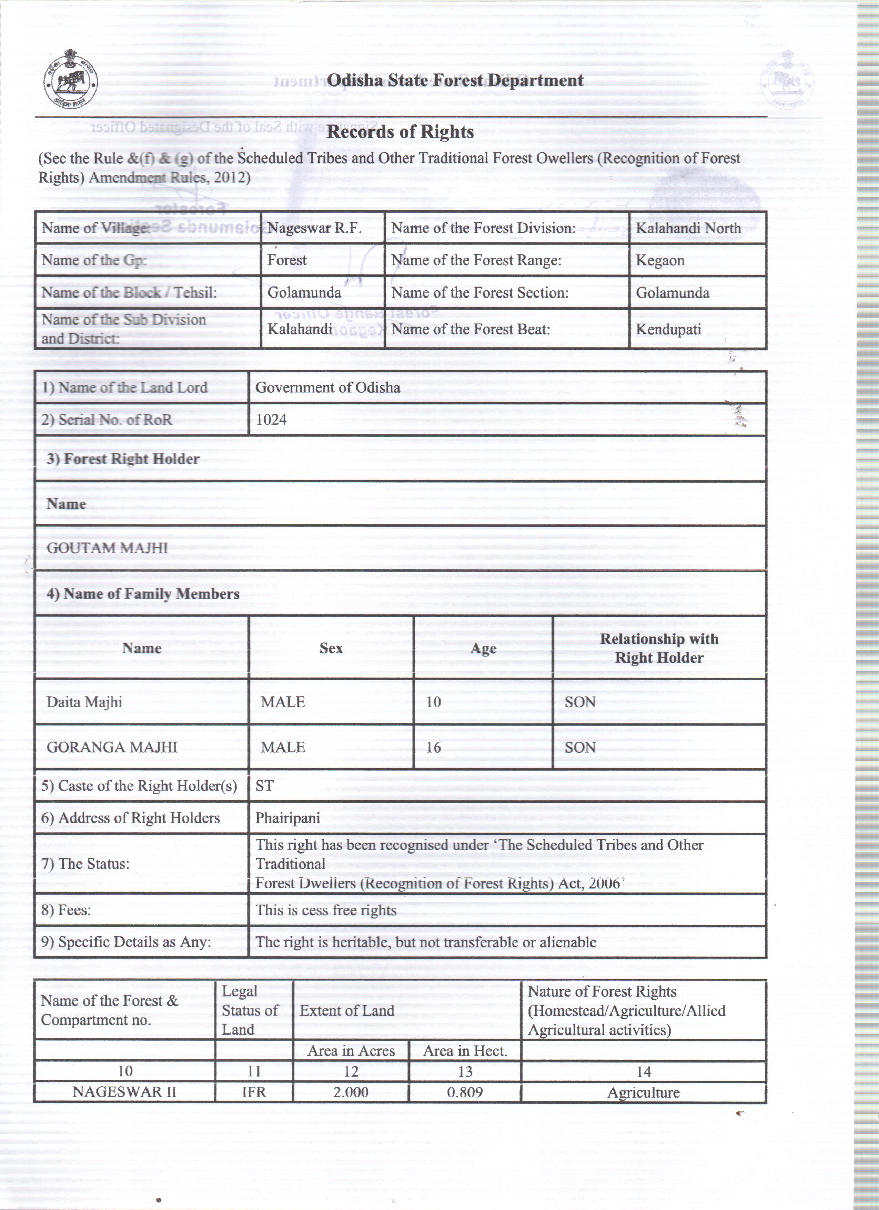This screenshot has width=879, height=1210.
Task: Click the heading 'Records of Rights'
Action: coord(400,132)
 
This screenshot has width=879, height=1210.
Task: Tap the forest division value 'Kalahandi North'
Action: coord(688,228)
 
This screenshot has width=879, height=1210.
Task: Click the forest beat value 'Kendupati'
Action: coord(668,329)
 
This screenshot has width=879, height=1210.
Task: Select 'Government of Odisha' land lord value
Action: coord(327,387)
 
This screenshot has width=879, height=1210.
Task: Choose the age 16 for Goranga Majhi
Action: coord(433,747)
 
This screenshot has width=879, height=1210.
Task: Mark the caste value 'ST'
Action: coord(264,786)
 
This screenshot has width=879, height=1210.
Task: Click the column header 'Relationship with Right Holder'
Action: coord(659,648)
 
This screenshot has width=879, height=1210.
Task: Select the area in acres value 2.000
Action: coord(351,1092)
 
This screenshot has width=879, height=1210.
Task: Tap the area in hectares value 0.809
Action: coord(465,1092)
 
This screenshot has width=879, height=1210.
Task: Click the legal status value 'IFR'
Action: coord(254,1092)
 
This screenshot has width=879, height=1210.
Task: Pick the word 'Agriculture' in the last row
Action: coord(643,1093)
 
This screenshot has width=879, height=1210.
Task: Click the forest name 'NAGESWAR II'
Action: coord(124,1092)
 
